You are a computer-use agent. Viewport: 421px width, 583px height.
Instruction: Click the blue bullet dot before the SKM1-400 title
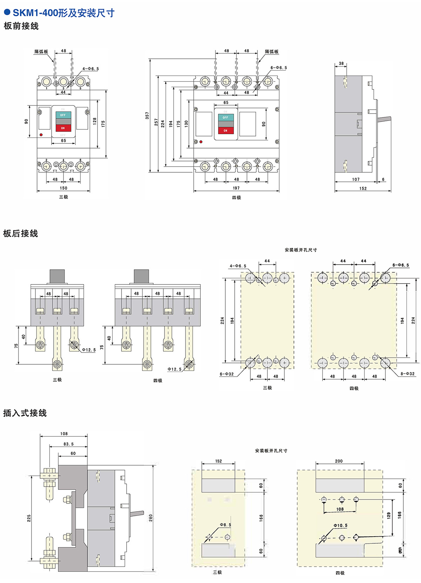7,12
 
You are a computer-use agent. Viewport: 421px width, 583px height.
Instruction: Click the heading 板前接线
21,26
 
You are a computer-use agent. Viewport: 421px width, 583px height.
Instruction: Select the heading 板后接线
20,233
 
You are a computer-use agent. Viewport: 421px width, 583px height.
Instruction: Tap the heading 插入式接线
25,413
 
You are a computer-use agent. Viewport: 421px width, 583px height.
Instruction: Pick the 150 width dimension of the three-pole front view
64,188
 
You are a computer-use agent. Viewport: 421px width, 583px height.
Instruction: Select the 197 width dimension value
236,188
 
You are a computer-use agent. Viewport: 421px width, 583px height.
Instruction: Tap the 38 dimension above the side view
341,64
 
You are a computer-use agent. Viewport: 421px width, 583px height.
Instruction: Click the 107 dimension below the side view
356,179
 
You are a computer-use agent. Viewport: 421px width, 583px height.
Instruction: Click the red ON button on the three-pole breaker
63,128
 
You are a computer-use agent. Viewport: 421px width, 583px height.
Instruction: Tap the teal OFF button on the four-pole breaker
225,117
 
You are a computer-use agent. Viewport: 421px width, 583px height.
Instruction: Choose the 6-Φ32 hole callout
227,374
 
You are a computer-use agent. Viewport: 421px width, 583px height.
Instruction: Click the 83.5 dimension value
68,444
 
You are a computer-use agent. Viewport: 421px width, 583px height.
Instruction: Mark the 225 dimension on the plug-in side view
29,518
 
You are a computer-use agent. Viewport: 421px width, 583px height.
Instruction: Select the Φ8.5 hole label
226,525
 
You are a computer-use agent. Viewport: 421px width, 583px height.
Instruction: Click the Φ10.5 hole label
340,525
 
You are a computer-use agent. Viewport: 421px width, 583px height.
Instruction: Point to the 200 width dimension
339,461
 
